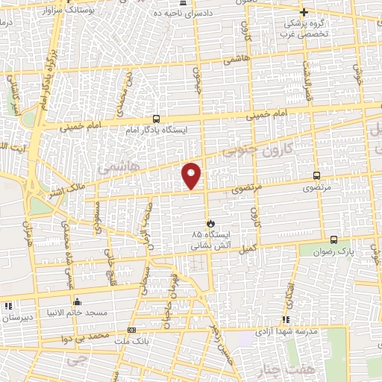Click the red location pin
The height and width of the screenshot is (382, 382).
click(x=192, y=175)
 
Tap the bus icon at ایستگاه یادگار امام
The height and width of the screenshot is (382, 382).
click(x=156, y=119)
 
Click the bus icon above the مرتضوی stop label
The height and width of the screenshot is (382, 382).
click(x=317, y=176)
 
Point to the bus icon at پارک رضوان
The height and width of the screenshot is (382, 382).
click(x=333, y=240)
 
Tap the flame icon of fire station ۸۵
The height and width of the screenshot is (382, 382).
click(x=210, y=223)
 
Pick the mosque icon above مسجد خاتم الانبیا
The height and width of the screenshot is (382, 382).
click(x=77, y=302)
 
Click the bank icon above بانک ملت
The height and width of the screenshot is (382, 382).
click(x=132, y=329)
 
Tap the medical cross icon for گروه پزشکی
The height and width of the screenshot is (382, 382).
click(x=304, y=13)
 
